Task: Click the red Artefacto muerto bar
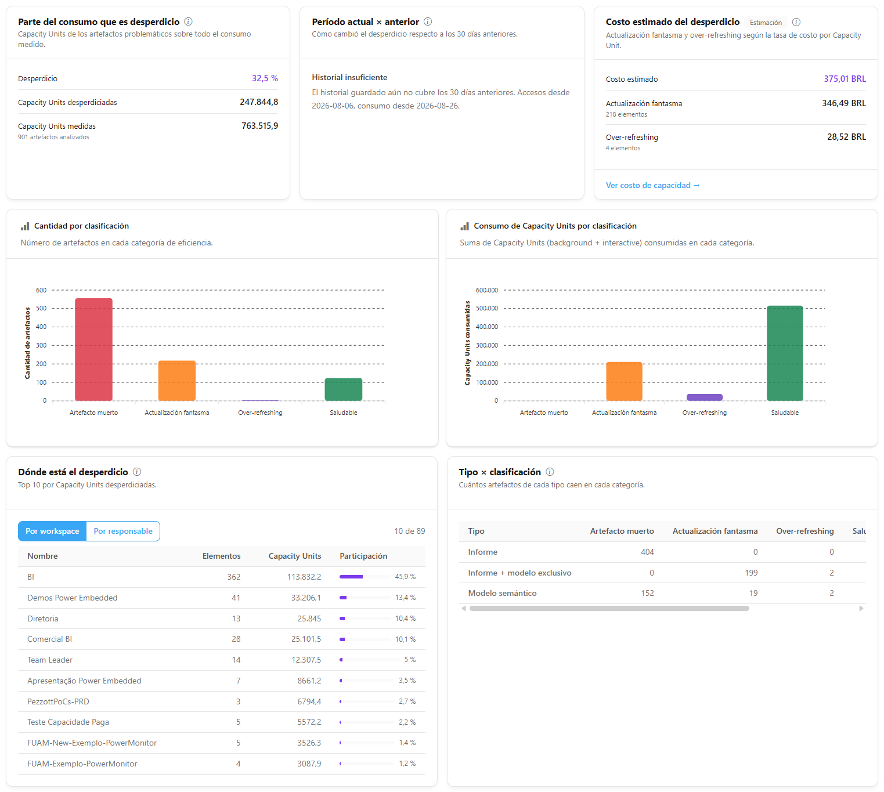(93, 349)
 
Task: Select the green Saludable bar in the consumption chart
(785, 353)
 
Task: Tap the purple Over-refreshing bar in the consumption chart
(704, 397)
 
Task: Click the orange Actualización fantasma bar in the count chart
(176, 381)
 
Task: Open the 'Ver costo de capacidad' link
(653, 185)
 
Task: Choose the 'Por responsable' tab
(123, 531)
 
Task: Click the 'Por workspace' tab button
(52, 531)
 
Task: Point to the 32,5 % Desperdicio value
(265, 78)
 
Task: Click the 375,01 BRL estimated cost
(845, 79)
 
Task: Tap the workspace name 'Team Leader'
(50, 660)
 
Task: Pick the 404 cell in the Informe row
(647, 552)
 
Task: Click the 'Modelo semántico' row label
(502, 593)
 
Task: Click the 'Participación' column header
(363, 556)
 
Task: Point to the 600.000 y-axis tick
(486, 290)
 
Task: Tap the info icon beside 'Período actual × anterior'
(428, 21)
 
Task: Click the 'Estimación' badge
(766, 22)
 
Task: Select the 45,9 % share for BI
(405, 577)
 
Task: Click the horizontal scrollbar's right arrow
(861, 609)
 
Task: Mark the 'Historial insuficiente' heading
(349, 77)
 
